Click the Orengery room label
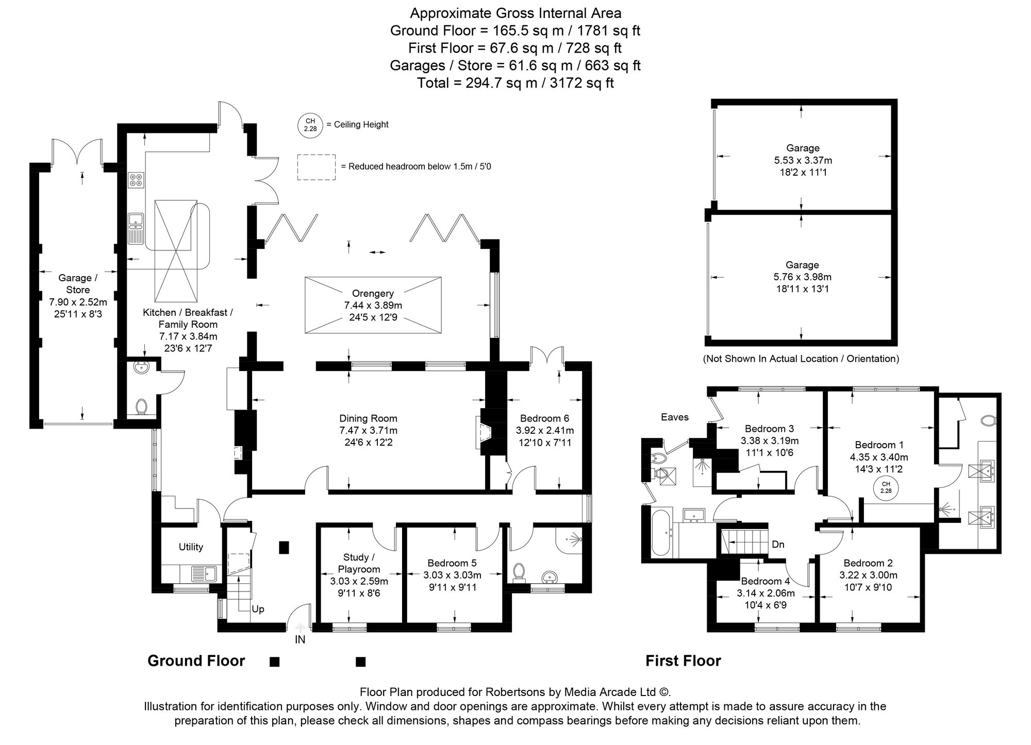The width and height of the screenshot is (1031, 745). click(373, 293)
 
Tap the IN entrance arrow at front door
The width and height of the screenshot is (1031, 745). click(301, 628)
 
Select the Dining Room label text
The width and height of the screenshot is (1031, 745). click(368, 418)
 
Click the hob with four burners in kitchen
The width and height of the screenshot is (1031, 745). click(136, 180)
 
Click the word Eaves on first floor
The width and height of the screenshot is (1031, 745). click(674, 417)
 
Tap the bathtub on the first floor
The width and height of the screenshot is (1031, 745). click(660, 532)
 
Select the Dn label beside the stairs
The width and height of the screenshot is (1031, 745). click(778, 544)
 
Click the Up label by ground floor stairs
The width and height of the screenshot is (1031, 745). click(258, 609)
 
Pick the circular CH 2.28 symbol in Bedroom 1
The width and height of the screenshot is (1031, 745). click(886, 487)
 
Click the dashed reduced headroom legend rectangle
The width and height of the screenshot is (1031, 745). click(316, 167)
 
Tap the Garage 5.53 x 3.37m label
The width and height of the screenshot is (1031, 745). click(803, 160)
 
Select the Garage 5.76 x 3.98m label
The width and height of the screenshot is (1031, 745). click(802, 277)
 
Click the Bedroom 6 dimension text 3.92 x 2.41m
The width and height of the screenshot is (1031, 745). click(544, 430)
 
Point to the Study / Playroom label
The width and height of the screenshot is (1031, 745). click(359, 563)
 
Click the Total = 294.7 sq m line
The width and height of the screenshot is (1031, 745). click(515, 83)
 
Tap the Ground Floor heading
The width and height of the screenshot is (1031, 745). click(196, 661)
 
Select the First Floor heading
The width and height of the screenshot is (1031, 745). click(683, 661)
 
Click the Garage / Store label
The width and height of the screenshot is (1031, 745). click(78, 284)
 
